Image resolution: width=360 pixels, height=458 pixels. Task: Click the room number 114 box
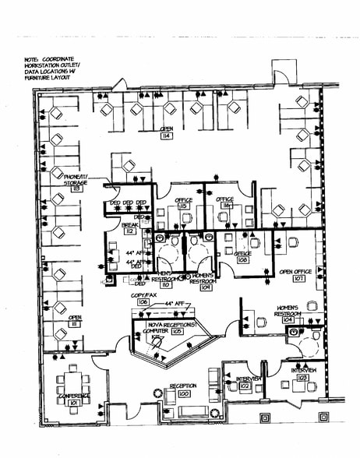point(166,136)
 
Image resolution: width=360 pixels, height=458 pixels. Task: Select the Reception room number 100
point(184,394)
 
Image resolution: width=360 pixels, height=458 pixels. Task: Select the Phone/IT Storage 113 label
point(76,183)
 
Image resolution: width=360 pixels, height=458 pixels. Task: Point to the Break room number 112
point(129,231)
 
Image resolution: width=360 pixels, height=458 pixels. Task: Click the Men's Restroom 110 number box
point(165,286)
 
